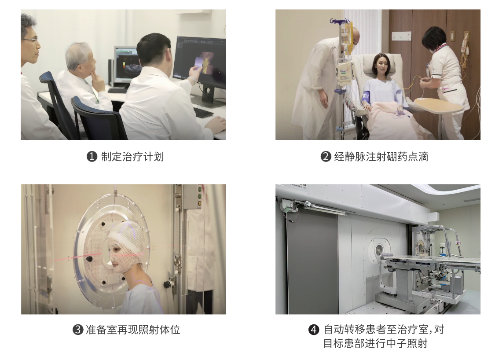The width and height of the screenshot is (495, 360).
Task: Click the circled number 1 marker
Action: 92,157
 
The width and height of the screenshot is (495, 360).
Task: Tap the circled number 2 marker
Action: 326,157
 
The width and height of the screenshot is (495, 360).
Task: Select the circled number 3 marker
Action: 77,330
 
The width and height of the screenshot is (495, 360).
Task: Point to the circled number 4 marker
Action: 313,330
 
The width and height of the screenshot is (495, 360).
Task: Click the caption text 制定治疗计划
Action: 132,157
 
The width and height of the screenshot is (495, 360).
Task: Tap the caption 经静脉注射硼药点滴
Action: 381,157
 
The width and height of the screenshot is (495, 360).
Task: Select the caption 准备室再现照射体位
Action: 133,330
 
